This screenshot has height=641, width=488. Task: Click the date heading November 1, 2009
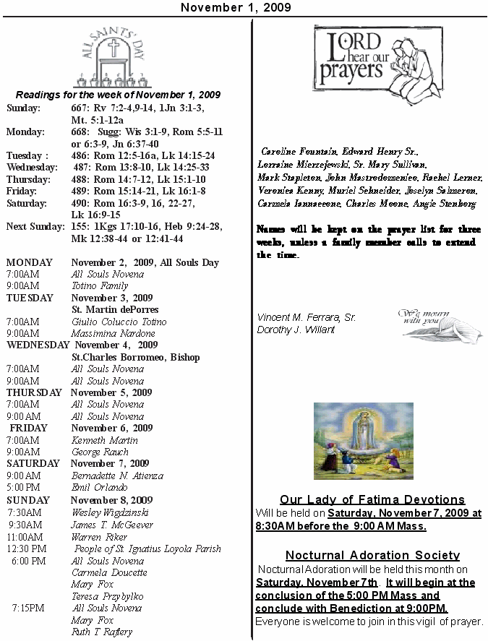(x=236, y=7)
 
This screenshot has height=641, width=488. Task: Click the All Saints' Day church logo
(x=112, y=59)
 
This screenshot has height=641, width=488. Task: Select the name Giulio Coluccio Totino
(x=119, y=322)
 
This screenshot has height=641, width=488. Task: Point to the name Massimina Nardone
(x=113, y=334)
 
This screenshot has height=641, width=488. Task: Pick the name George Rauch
(x=100, y=452)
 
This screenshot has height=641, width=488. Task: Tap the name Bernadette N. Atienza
(x=117, y=476)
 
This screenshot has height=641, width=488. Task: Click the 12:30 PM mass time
(x=27, y=549)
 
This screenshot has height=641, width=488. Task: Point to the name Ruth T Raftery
(x=102, y=632)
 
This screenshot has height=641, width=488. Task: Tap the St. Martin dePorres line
(x=114, y=310)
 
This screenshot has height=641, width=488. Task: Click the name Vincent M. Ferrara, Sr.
(x=306, y=318)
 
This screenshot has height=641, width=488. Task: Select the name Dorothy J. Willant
(x=296, y=330)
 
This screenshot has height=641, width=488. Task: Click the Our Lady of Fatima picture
(x=363, y=441)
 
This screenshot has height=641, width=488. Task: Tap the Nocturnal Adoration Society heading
(x=372, y=556)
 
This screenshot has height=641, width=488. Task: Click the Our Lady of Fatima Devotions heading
(x=372, y=500)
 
